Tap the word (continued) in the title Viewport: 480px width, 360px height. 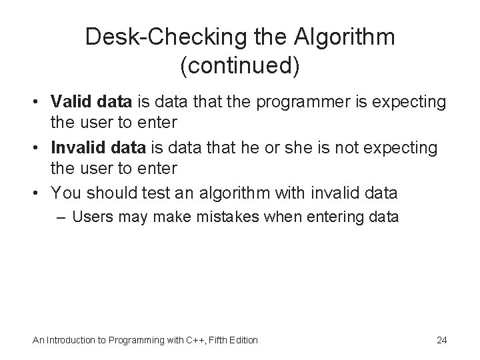240,65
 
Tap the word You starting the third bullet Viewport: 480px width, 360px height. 64,193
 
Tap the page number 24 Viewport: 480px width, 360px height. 441,340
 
